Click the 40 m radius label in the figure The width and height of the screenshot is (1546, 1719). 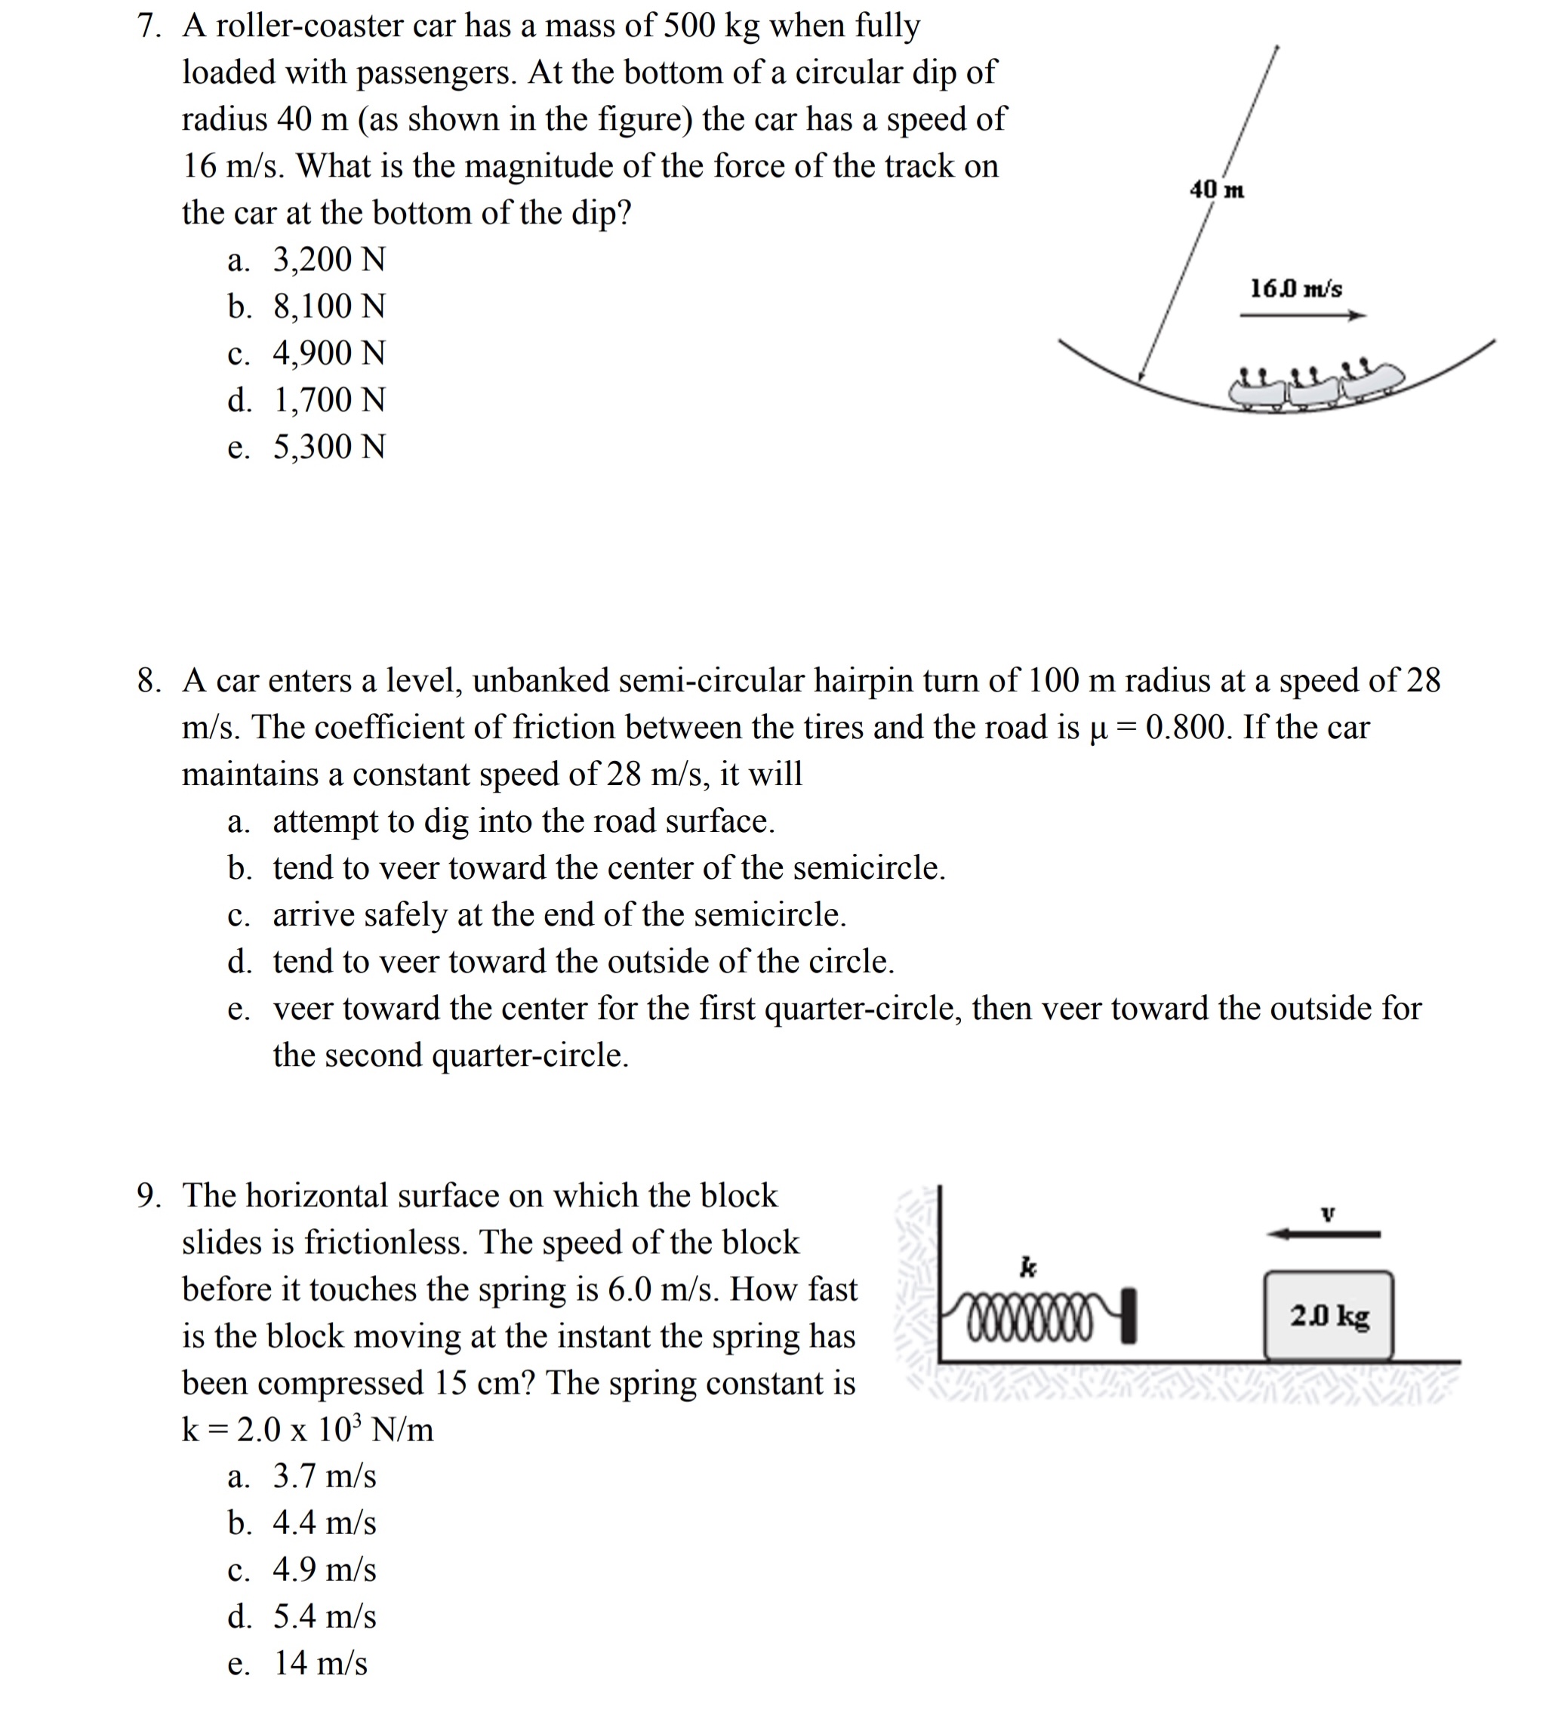(1216, 189)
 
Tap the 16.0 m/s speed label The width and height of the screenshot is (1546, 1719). (1295, 288)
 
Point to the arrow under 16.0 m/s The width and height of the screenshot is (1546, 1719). (1302, 316)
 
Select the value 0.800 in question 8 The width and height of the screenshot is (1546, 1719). (1187, 728)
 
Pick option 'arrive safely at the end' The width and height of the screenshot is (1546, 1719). (559, 916)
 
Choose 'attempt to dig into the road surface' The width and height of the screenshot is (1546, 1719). (523, 822)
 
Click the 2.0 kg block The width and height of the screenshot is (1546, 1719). (1329, 1317)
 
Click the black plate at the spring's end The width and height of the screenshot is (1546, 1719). (1128, 1316)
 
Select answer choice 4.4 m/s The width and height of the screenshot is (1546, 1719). (324, 1523)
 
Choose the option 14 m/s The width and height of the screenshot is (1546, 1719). (319, 1664)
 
